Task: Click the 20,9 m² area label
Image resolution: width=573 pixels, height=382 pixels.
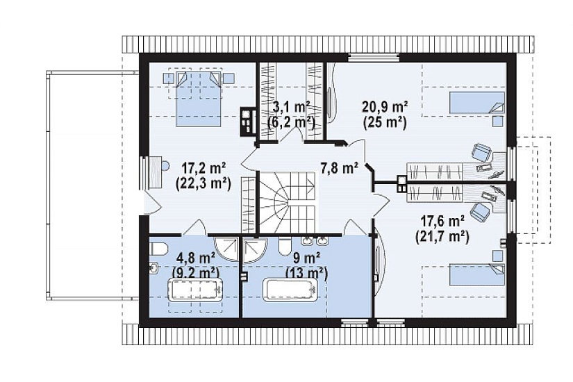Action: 385,107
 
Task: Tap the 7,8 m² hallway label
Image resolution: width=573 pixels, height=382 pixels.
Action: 340,169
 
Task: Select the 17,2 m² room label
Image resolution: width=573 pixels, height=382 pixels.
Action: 204,169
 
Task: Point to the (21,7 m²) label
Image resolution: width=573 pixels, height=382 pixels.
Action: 442,238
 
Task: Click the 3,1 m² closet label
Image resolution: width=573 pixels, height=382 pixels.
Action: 292,107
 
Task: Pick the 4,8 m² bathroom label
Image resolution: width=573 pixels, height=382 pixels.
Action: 195,258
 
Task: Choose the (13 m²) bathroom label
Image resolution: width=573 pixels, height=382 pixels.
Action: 306,273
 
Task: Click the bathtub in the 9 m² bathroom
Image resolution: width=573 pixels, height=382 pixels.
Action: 292,290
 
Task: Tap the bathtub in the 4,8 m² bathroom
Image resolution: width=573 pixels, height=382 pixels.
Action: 196,290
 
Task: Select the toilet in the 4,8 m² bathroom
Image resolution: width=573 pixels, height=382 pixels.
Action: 158,249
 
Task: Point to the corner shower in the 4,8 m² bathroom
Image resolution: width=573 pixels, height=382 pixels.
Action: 226,249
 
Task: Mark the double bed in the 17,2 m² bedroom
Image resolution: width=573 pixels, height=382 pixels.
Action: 199,99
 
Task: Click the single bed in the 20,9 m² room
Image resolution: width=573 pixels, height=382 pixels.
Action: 476,102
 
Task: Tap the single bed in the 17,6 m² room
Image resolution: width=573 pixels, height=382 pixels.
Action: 476,274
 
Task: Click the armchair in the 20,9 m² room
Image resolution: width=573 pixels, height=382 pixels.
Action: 481,152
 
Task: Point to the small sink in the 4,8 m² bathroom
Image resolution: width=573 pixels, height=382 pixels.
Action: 153,268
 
